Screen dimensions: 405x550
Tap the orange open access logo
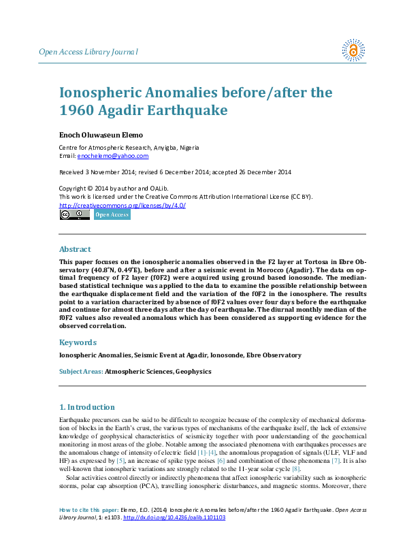(353, 50)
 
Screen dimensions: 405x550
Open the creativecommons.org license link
(123, 205)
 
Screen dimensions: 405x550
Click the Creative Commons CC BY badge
(74, 215)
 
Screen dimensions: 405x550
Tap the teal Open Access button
(112, 215)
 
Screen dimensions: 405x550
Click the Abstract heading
(75, 249)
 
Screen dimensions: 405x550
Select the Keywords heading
(78, 342)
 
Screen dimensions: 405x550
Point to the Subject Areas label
(81, 372)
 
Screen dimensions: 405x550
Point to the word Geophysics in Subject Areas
(193, 372)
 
